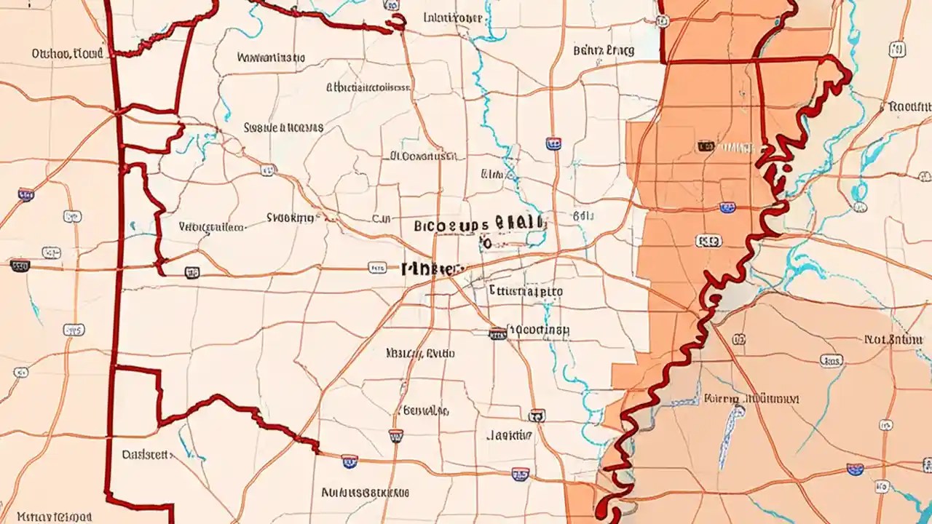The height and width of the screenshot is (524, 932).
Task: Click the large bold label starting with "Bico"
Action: [478, 224]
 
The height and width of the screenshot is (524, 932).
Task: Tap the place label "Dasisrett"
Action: [146, 455]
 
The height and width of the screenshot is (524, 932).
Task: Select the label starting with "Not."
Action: [893, 339]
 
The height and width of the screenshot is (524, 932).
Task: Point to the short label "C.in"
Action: [382, 218]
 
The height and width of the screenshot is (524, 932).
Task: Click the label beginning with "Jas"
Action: [509, 435]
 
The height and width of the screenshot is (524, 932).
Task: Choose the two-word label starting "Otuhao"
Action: [68, 53]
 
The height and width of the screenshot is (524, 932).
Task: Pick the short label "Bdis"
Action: [583, 216]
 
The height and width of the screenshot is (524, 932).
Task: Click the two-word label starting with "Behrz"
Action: [604, 51]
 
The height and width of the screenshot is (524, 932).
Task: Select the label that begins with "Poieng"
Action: [751, 399]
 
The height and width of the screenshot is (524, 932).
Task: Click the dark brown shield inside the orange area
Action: [706, 146]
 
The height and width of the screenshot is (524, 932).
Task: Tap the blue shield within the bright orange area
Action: [727, 207]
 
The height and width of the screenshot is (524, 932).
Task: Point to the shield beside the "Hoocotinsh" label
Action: [497, 333]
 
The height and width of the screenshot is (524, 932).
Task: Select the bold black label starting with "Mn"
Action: [433, 269]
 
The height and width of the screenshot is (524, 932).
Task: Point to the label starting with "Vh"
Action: [211, 227]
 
